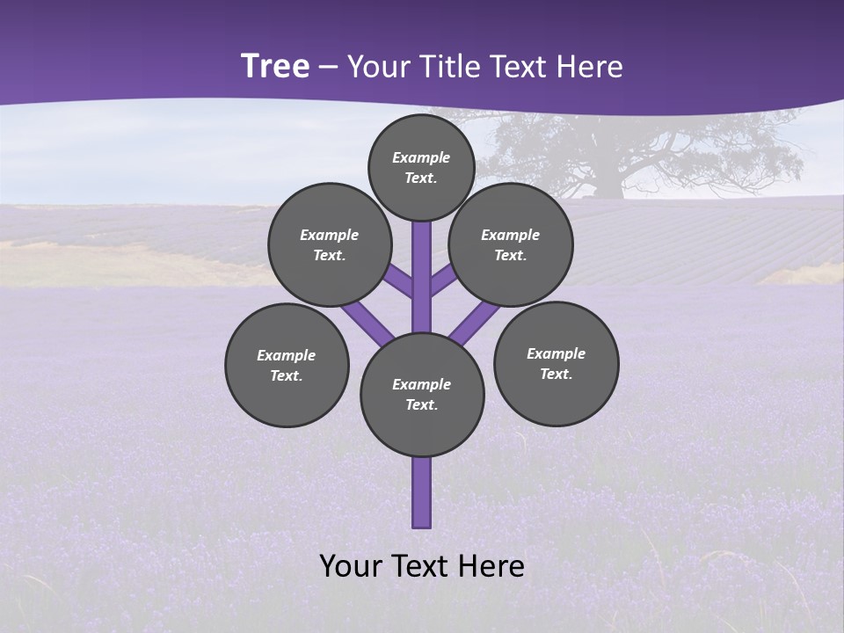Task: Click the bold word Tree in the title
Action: pos(275,67)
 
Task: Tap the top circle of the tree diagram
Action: pos(421,167)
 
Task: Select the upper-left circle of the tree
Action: pos(330,244)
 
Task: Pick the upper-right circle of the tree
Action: pos(511,244)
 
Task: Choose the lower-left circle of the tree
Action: pos(287,365)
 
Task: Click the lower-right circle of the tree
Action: pos(556,363)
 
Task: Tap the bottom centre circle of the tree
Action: pos(422,394)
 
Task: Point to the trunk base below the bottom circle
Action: pos(422,492)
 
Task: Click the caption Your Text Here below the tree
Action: pos(422,566)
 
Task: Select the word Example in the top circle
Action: pos(421,157)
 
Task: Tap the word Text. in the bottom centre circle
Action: pos(421,404)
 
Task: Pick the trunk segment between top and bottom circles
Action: pos(422,281)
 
